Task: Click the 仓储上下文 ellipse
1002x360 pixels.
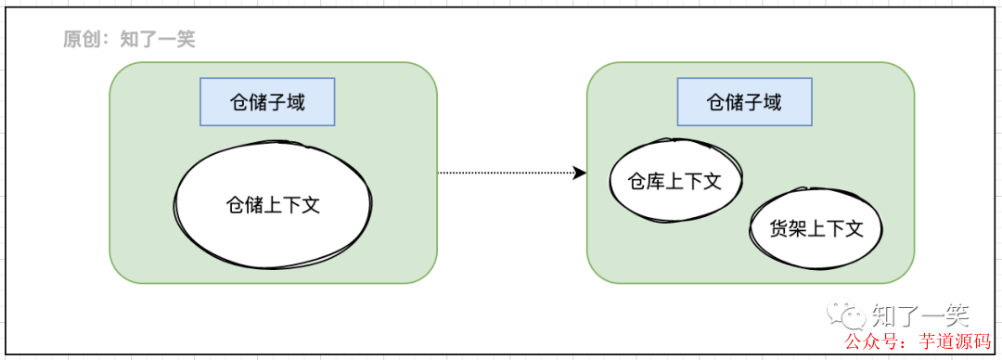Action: (x=274, y=205)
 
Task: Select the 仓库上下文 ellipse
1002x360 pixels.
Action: (x=675, y=181)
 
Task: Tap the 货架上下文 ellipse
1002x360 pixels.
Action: (x=816, y=228)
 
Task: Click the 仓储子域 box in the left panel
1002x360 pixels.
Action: (x=267, y=102)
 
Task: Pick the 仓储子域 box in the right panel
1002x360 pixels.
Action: (x=744, y=102)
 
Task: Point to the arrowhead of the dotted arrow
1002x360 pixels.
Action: (x=581, y=173)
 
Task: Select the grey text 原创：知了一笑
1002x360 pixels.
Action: (x=129, y=39)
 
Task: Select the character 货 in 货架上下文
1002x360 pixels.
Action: (x=779, y=228)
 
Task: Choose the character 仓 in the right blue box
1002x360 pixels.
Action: (x=716, y=102)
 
